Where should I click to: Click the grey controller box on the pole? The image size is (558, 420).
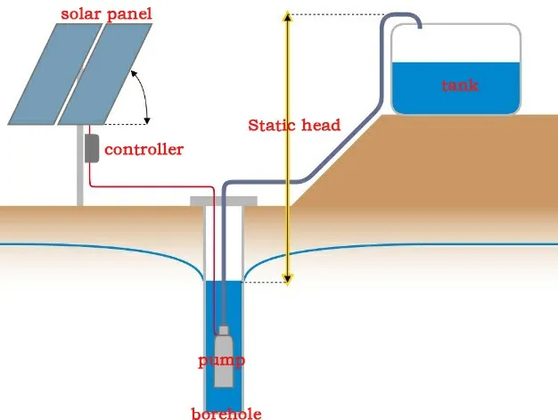tap(91, 147)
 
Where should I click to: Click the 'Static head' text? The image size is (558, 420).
tap(294, 125)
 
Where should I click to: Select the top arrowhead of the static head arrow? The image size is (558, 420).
tap(287, 16)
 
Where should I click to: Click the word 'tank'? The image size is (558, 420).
tap(460, 86)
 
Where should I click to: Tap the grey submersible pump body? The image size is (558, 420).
tap(224, 357)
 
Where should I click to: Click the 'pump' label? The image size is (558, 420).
tap(222, 361)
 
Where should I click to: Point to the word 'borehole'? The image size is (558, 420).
tap(227, 413)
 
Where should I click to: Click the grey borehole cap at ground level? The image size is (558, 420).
tap(224, 202)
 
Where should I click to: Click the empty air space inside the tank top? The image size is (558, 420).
tap(455, 45)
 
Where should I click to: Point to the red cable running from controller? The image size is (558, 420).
tap(152, 186)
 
